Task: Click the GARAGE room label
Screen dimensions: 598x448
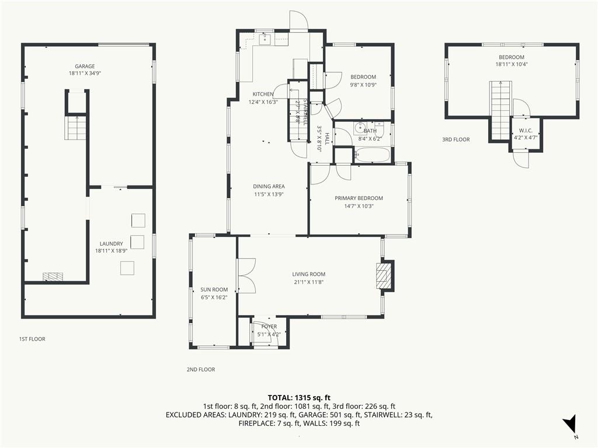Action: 85,66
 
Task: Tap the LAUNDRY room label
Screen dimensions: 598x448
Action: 112,244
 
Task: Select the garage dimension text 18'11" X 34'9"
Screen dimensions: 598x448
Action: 85,73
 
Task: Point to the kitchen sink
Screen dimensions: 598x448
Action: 265,38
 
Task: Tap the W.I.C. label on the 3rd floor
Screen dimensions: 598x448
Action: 526,131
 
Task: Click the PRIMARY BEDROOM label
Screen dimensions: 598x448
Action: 359,198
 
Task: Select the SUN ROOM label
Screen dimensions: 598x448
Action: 214,289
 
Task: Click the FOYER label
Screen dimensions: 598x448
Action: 269,327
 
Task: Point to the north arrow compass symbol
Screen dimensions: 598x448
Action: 571,423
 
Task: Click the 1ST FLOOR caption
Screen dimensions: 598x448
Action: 32,339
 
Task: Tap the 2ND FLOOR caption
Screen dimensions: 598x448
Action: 201,369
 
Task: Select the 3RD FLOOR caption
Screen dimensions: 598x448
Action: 456,140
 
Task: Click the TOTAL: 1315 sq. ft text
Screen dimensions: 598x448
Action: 299,398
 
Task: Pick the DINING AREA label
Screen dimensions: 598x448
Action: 269,187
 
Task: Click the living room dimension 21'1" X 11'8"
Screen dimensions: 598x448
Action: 309,282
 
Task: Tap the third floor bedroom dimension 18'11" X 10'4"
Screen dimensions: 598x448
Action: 512,64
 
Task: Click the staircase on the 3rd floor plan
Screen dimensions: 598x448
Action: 500,110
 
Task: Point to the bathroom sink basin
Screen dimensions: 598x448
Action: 360,128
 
